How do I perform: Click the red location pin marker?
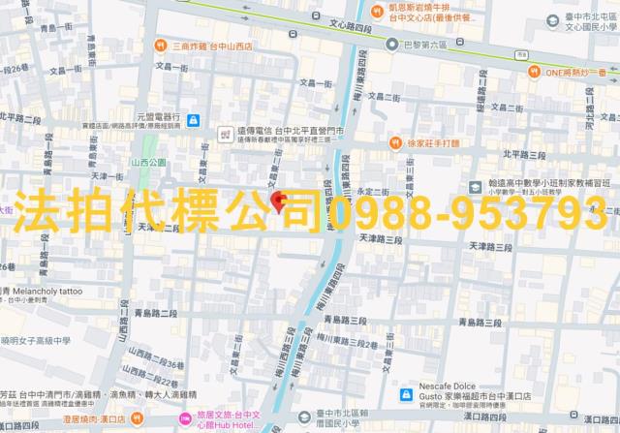pos(279,201)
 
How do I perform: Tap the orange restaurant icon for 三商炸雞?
pos(158,46)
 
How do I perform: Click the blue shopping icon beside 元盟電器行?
pos(194,119)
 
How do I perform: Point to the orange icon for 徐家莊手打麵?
pos(395,143)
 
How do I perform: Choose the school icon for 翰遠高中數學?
pos(475,186)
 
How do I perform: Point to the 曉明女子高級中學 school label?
pos(37,340)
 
